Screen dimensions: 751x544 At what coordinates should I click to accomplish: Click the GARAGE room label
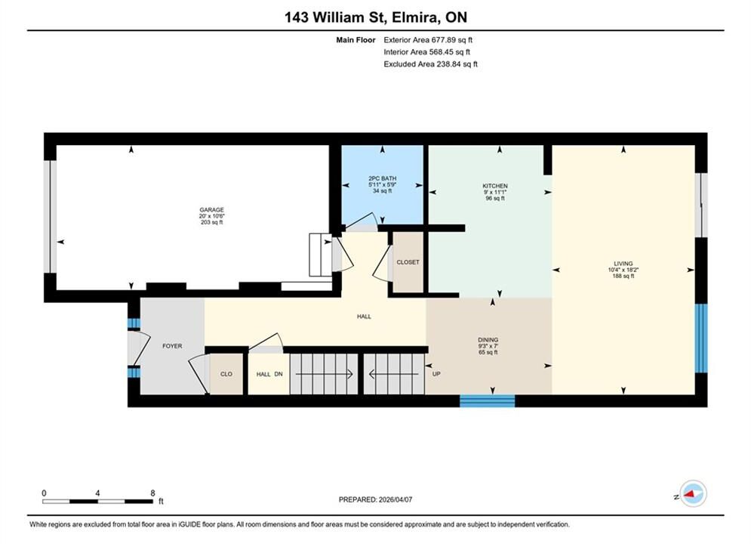pyautogui.click(x=211, y=209)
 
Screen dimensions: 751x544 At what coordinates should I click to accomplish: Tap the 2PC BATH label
pyautogui.click(x=382, y=178)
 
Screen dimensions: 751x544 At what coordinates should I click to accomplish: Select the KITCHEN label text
pyautogui.click(x=495, y=186)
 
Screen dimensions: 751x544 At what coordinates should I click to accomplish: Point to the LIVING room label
pyautogui.click(x=623, y=264)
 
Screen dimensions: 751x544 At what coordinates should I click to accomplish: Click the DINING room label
pyautogui.click(x=488, y=340)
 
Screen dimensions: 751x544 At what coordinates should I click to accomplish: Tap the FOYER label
pyautogui.click(x=172, y=346)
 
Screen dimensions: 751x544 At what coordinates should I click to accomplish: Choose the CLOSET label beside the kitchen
pyautogui.click(x=408, y=262)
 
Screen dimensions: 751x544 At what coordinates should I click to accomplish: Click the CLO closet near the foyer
pyautogui.click(x=226, y=374)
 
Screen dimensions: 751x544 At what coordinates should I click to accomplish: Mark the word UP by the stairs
pyautogui.click(x=436, y=374)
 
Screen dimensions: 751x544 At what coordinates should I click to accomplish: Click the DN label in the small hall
pyautogui.click(x=279, y=374)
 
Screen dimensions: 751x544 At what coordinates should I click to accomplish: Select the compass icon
pyautogui.click(x=693, y=493)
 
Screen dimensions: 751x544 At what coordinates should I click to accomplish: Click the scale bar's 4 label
pyautogui.click(x=97, y=493)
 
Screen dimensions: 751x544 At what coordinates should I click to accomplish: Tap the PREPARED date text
pyautogui.click(x=376, y=499)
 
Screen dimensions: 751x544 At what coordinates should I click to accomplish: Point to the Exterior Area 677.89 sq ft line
pyautogui.click(x=428, y=40)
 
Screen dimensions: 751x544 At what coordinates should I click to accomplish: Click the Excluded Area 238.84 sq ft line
pyautogui.click(x=430, y=64)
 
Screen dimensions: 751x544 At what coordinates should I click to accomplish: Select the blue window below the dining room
pyautogui.click(x=487, y=400)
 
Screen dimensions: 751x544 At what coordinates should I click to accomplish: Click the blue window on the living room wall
pyautogui.click(x=700, y=338)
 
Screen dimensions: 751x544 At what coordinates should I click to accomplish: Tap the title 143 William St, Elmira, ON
pyautogui.click(x=376, y=17)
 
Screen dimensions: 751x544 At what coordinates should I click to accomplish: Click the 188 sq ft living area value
pyautogui.click(x=623, y=276)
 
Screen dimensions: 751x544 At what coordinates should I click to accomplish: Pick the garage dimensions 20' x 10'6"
pyautogui.click(x=211, y=216)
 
